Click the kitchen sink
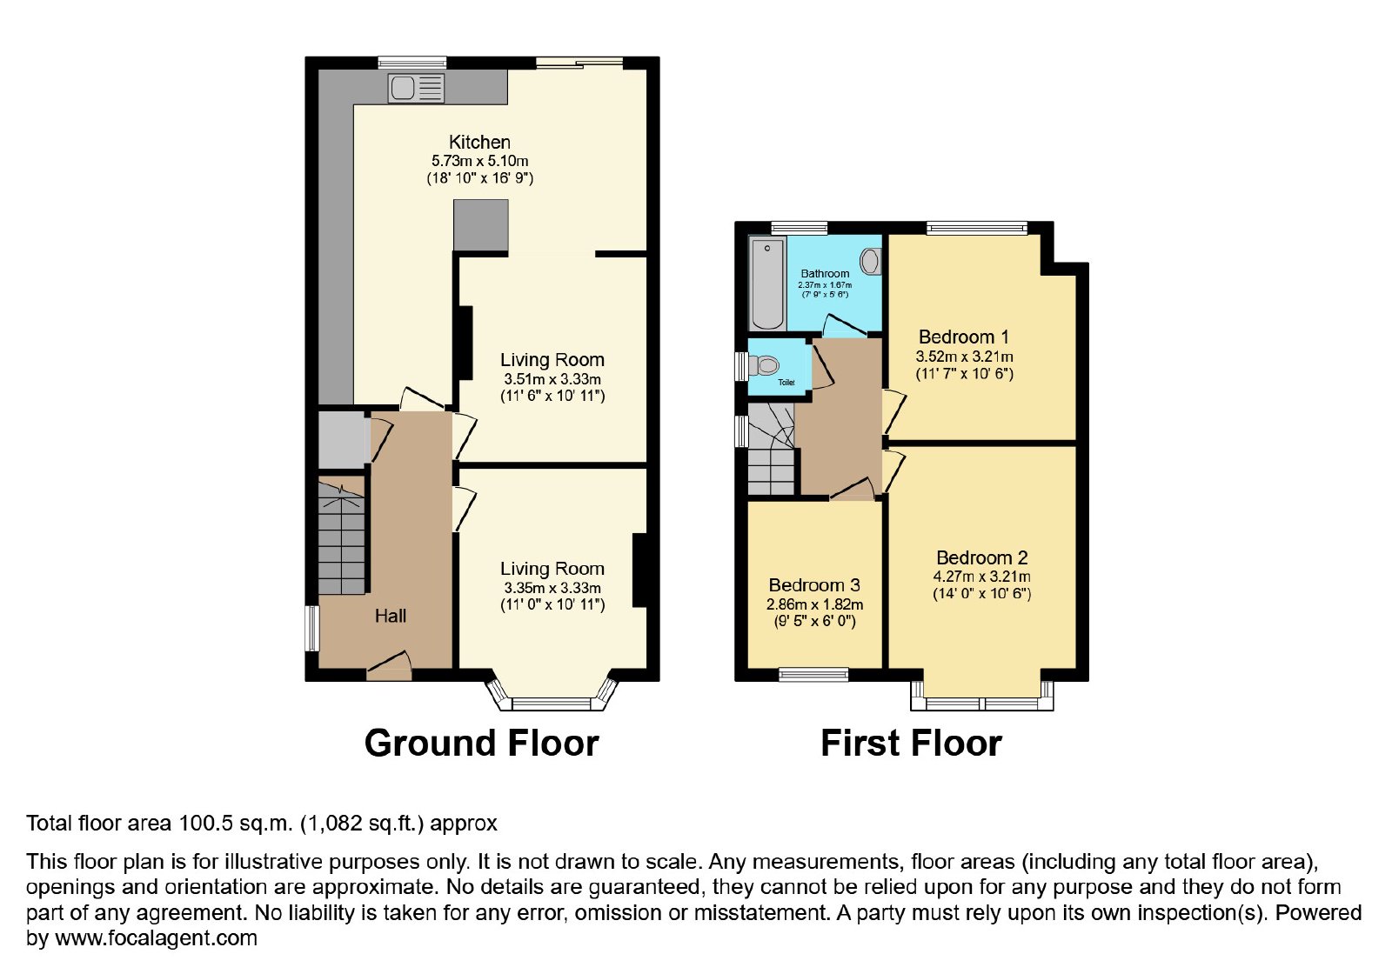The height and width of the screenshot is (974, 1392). [416, 88]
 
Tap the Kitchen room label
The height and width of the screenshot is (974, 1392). [479, 143]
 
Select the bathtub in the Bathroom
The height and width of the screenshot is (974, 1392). [767, 284]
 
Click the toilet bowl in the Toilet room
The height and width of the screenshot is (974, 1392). [764, 365]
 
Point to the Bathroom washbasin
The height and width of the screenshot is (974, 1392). [871, 262]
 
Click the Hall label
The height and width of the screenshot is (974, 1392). [391, 616]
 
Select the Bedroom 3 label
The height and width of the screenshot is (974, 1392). [814, 585]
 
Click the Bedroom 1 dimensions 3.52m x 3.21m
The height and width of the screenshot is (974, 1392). [965, 357]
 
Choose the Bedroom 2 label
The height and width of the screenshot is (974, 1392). [982, 557]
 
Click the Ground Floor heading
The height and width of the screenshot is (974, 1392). [482, 744]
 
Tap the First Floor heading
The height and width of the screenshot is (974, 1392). [911, 744]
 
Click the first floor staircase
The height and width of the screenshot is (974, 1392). [771, 449]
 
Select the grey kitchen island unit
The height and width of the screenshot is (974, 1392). [481, 225]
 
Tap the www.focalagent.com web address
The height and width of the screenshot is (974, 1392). [156, 938]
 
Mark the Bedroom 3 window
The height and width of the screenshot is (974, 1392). [813, 675]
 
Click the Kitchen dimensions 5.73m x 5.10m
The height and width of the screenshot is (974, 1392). [479, 162]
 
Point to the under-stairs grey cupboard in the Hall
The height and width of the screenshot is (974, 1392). [343, 440]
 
